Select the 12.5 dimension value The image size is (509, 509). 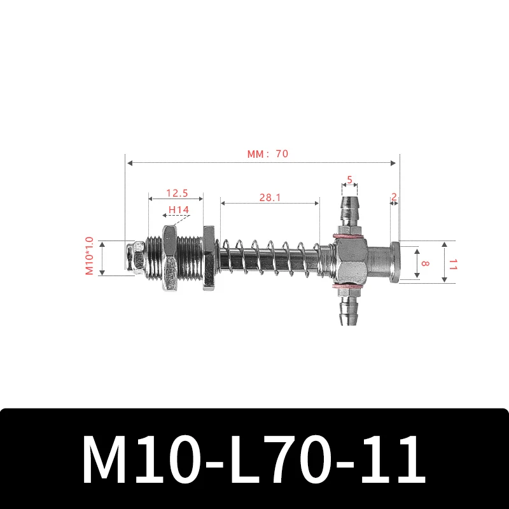176,193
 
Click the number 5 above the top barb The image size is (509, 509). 349,180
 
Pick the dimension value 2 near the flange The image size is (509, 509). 394,197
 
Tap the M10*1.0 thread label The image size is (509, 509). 89,256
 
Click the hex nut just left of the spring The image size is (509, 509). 209,258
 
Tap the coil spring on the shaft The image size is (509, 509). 270,258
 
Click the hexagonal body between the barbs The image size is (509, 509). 349,261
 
